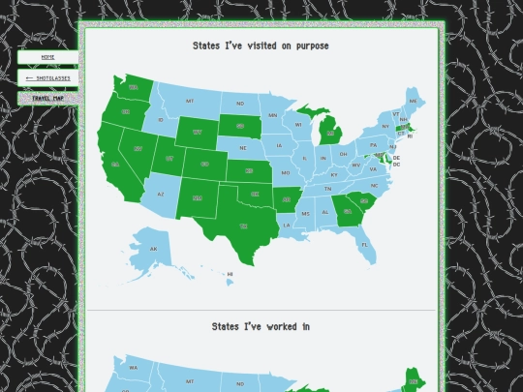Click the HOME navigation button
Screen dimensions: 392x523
[x=47, y=57]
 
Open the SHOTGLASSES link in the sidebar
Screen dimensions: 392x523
[x=47, y=77]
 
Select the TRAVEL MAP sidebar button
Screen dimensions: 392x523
[x=47, y=98]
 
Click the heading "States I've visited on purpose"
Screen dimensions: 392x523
[x=261, y=45]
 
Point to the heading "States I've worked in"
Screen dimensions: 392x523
[x=261, y=326]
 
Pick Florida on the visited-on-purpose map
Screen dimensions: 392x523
[x=365, y=245]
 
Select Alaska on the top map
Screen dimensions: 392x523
[x=152, y=249]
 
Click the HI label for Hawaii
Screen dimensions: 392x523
[x=230, y=274]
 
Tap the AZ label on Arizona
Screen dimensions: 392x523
[x=160, y=194]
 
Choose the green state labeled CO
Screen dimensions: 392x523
[x=204, y=164]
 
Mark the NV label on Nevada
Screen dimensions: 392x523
[x=138, y=148]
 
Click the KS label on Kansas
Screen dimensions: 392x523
[x=249, y=171]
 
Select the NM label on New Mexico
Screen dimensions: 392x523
[x=198, y=198]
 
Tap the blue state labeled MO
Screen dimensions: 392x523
[x=286, y=173]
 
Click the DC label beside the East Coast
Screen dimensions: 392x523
[x=396, y=165]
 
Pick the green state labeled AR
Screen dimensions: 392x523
[x=287, y=201]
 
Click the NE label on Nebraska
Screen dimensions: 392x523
[x=242, y=148]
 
